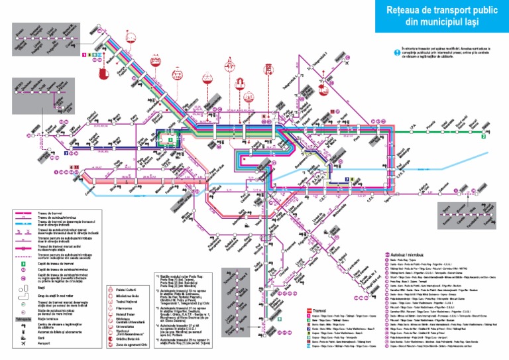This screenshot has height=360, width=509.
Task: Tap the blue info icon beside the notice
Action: point(396,50)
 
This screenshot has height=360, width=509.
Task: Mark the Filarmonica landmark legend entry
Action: point(127,309)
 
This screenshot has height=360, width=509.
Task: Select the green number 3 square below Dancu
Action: point(484,137)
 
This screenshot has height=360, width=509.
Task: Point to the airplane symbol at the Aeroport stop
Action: point(348,60)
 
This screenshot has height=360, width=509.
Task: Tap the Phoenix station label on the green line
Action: point(429,124)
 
